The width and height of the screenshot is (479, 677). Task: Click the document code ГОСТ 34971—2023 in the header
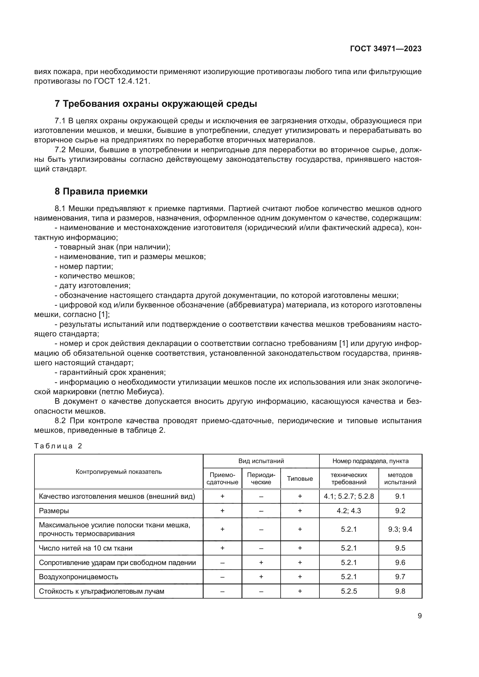coord(385,49)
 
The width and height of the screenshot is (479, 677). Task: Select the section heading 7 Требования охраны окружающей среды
coord(156,104)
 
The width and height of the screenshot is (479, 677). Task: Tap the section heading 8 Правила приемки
coord(101,191)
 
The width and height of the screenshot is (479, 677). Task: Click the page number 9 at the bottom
coord(419,616)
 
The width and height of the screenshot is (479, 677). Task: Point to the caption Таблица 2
coord(58,446)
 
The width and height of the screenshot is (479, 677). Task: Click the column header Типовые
coord(300,478)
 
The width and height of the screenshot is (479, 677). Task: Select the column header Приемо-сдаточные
coord(222,478)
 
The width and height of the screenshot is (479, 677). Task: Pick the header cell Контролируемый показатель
coord(118,471)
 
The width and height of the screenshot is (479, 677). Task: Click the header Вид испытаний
coord(261,461)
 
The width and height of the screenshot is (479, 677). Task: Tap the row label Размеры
coord(54,511)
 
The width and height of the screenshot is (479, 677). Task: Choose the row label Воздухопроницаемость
coord(78,577)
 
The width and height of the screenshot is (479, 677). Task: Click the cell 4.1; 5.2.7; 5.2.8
coord(349,496)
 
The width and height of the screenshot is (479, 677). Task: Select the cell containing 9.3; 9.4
coord(400,529)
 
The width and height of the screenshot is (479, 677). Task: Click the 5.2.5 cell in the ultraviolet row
coord(349,591)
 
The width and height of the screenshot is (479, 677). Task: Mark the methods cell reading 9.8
coord(400,591)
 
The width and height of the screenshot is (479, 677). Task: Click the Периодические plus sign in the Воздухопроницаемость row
coord(261,577)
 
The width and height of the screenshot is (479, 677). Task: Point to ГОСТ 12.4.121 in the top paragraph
coord(122,81)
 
